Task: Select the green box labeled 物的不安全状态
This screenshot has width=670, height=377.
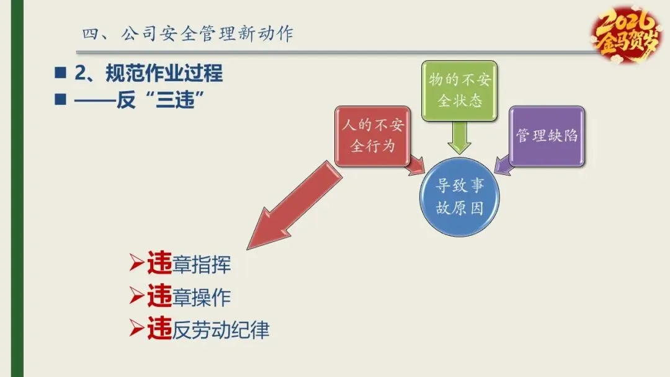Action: [459, 91]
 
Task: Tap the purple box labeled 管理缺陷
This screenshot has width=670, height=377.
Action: [547, 136]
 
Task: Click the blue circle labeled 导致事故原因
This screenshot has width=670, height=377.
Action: [459, 197]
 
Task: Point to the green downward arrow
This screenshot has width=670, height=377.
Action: [459, 136]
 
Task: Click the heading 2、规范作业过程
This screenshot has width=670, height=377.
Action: [148, 74]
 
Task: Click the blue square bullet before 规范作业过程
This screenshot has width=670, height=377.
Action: [60, 74]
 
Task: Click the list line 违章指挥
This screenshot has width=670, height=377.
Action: [189, 265]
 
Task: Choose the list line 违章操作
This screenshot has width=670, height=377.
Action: [189, 297]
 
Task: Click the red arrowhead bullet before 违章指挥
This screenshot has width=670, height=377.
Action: [136, 264]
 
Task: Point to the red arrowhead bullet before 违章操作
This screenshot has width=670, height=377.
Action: [136, 296]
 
